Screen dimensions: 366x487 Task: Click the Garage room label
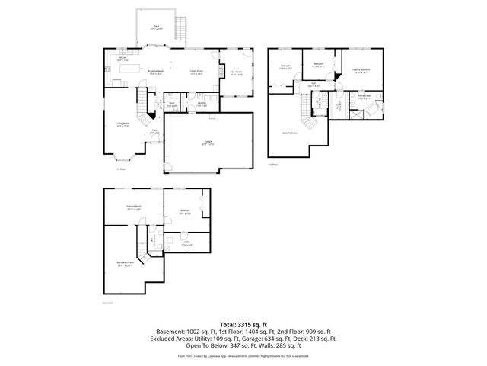208,143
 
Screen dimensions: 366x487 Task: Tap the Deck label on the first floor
156,27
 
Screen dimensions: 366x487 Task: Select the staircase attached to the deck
181,30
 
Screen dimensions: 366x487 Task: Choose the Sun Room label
236,73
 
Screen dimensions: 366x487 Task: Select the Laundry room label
202,104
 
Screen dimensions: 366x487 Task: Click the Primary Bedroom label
361,71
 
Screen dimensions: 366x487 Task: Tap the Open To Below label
290,131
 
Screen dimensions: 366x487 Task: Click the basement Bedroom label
184,211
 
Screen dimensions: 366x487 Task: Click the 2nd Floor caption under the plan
272,164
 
